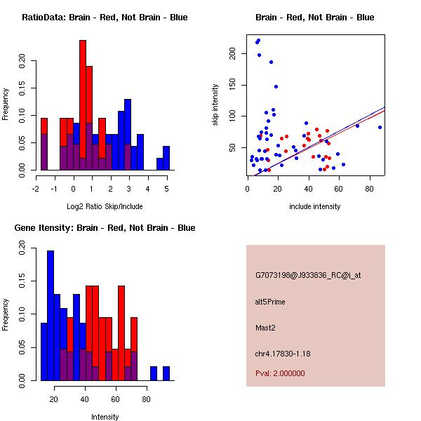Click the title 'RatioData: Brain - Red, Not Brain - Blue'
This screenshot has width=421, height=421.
pyautogui.click(x=105, y=18)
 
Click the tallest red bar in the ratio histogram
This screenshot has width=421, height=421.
pyautogui.click(x=83, y=105)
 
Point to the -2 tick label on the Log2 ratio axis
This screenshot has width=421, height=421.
pyautogui.click(x=36, y=188)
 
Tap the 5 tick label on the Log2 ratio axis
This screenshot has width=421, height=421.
pyautogui.click(x=166, y=188)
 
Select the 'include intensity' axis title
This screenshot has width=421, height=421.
pyautogui.click(x=315, y=206)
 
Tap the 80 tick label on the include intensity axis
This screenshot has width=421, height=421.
pyautogui.click(x=369, y=188)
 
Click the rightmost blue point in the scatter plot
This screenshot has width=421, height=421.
pyautogui.click(x=380, y=127)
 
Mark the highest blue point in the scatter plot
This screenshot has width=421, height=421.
pyautogui.click(x=258, y=41)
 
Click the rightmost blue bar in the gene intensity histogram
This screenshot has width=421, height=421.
pyautogui.click(x=166, y=373)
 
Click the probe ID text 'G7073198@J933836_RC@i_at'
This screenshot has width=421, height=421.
pyautogui.click(x=308, y=276)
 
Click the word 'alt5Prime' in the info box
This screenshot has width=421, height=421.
pyautogui.click(x=270, y=302)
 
